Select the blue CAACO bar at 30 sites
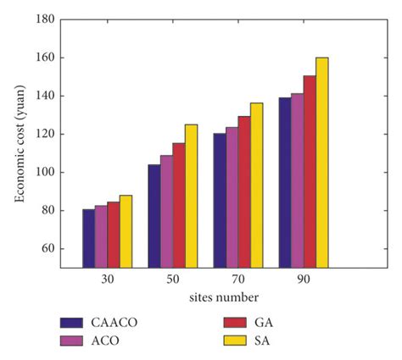click(x=88, y=238)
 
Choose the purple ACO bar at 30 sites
click(x=101, y=236)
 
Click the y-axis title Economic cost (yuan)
click(x=18, y=142)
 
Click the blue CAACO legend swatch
click(x=71, y=323)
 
